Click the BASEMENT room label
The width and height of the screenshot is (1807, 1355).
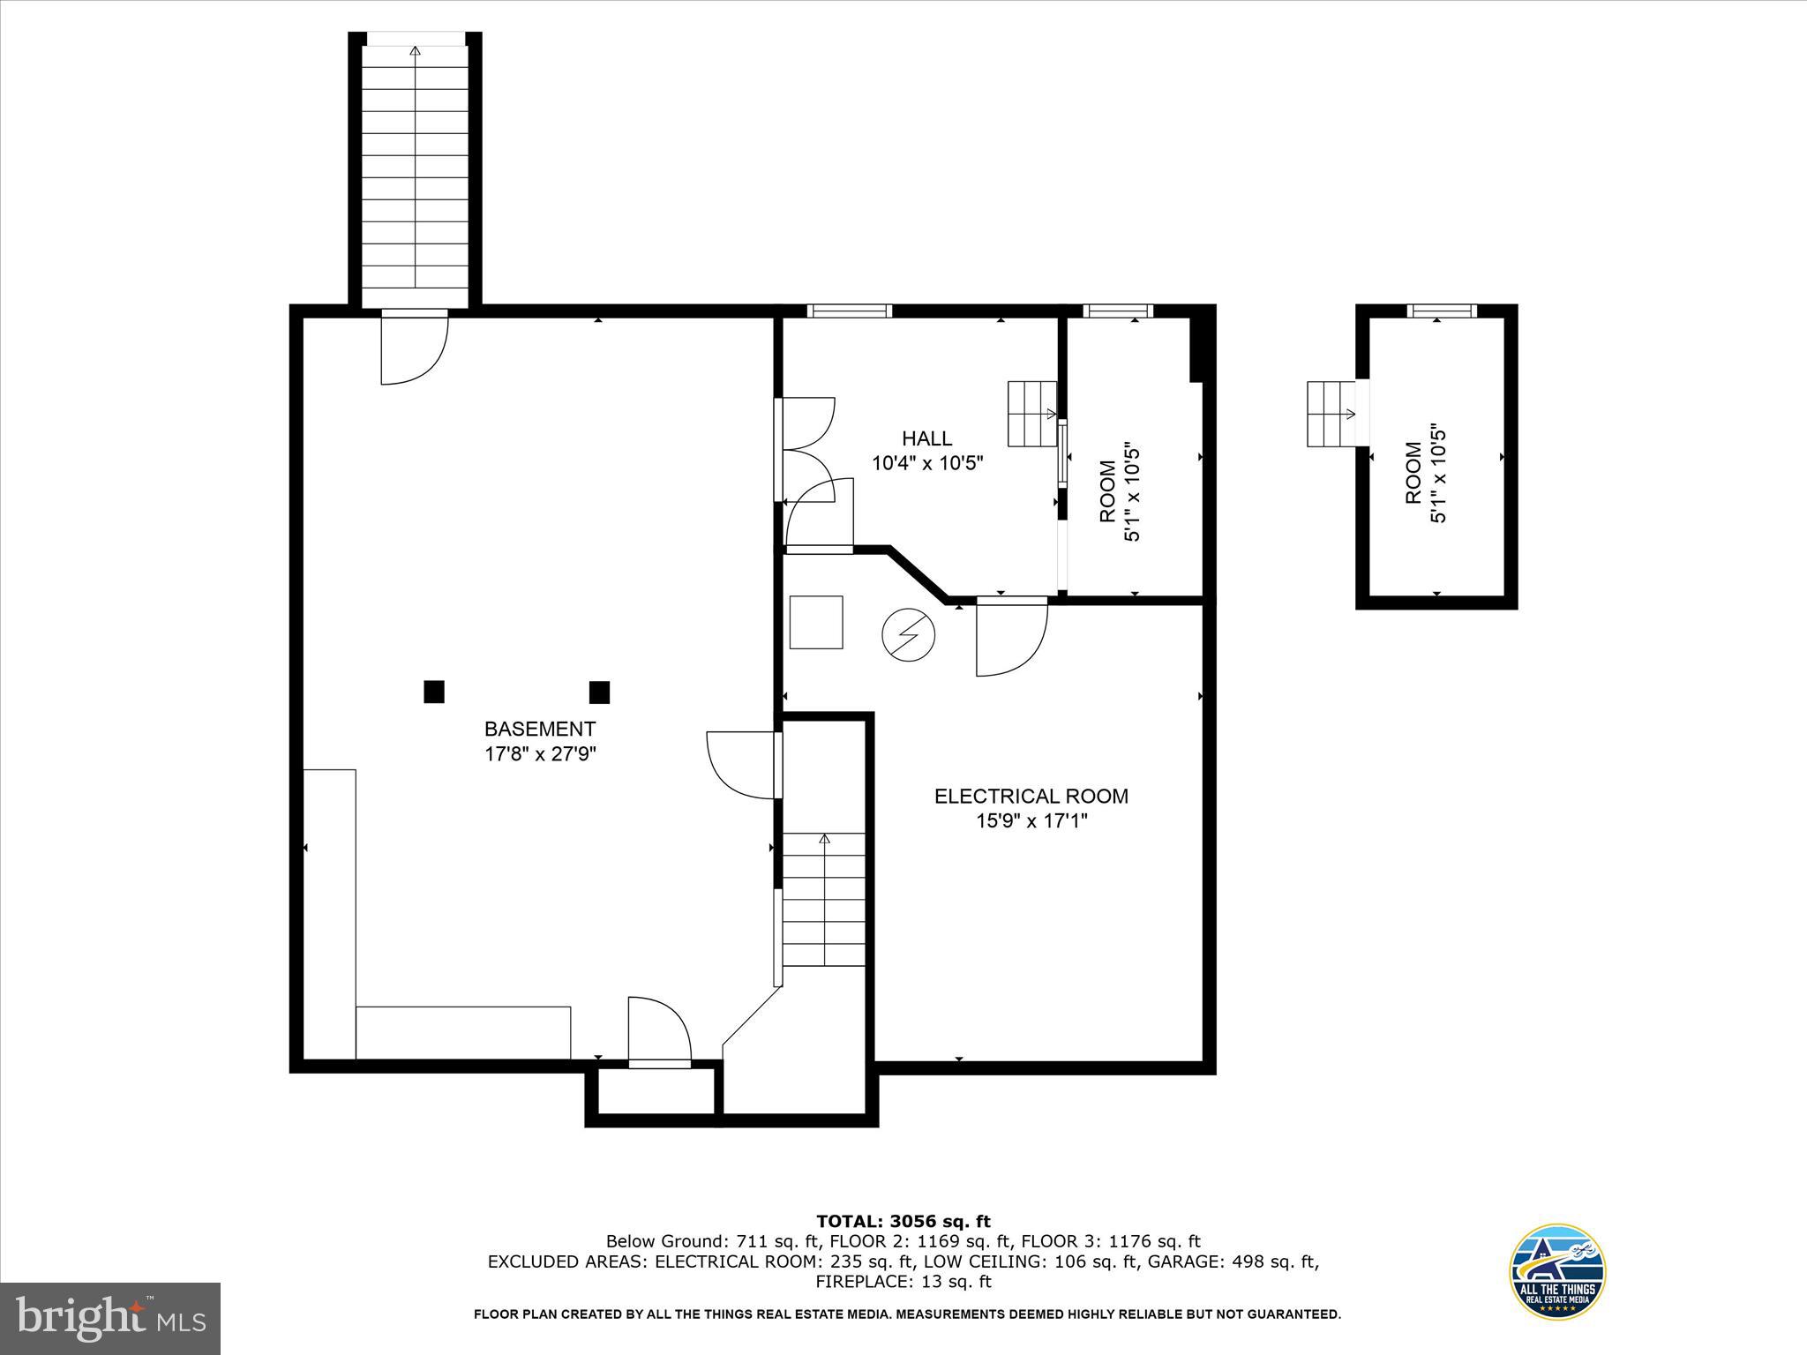[x=539, y=729]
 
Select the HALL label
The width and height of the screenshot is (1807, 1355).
[x=926, y=438]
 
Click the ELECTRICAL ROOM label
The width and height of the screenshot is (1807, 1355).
[x=1031, y=797]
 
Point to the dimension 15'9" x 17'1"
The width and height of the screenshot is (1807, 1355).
[x=1031, y=821]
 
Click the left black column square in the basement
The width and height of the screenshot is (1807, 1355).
[x=433, y=692]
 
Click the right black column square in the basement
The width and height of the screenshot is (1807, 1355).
[x=599, y=692]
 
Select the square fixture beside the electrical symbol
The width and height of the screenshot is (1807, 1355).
[x=816, y=623]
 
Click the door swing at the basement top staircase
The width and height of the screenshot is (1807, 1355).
[x=413, y=350]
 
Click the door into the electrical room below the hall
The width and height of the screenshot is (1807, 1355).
[x=1011, y=637]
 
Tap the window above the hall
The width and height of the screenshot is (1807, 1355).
[x=850, y=311]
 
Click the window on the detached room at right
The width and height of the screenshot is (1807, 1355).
[x=1442, y=311]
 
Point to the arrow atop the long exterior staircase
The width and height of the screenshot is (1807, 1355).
[x=416, y=51]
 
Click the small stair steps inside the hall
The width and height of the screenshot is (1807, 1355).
[x=1032, y=414]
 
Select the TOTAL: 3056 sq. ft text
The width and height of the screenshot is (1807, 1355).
[x=903, y=1222]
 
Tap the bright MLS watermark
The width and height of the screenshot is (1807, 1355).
[x=110, y=1319]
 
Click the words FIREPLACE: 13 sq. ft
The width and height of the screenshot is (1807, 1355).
[x=903, y=1282]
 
